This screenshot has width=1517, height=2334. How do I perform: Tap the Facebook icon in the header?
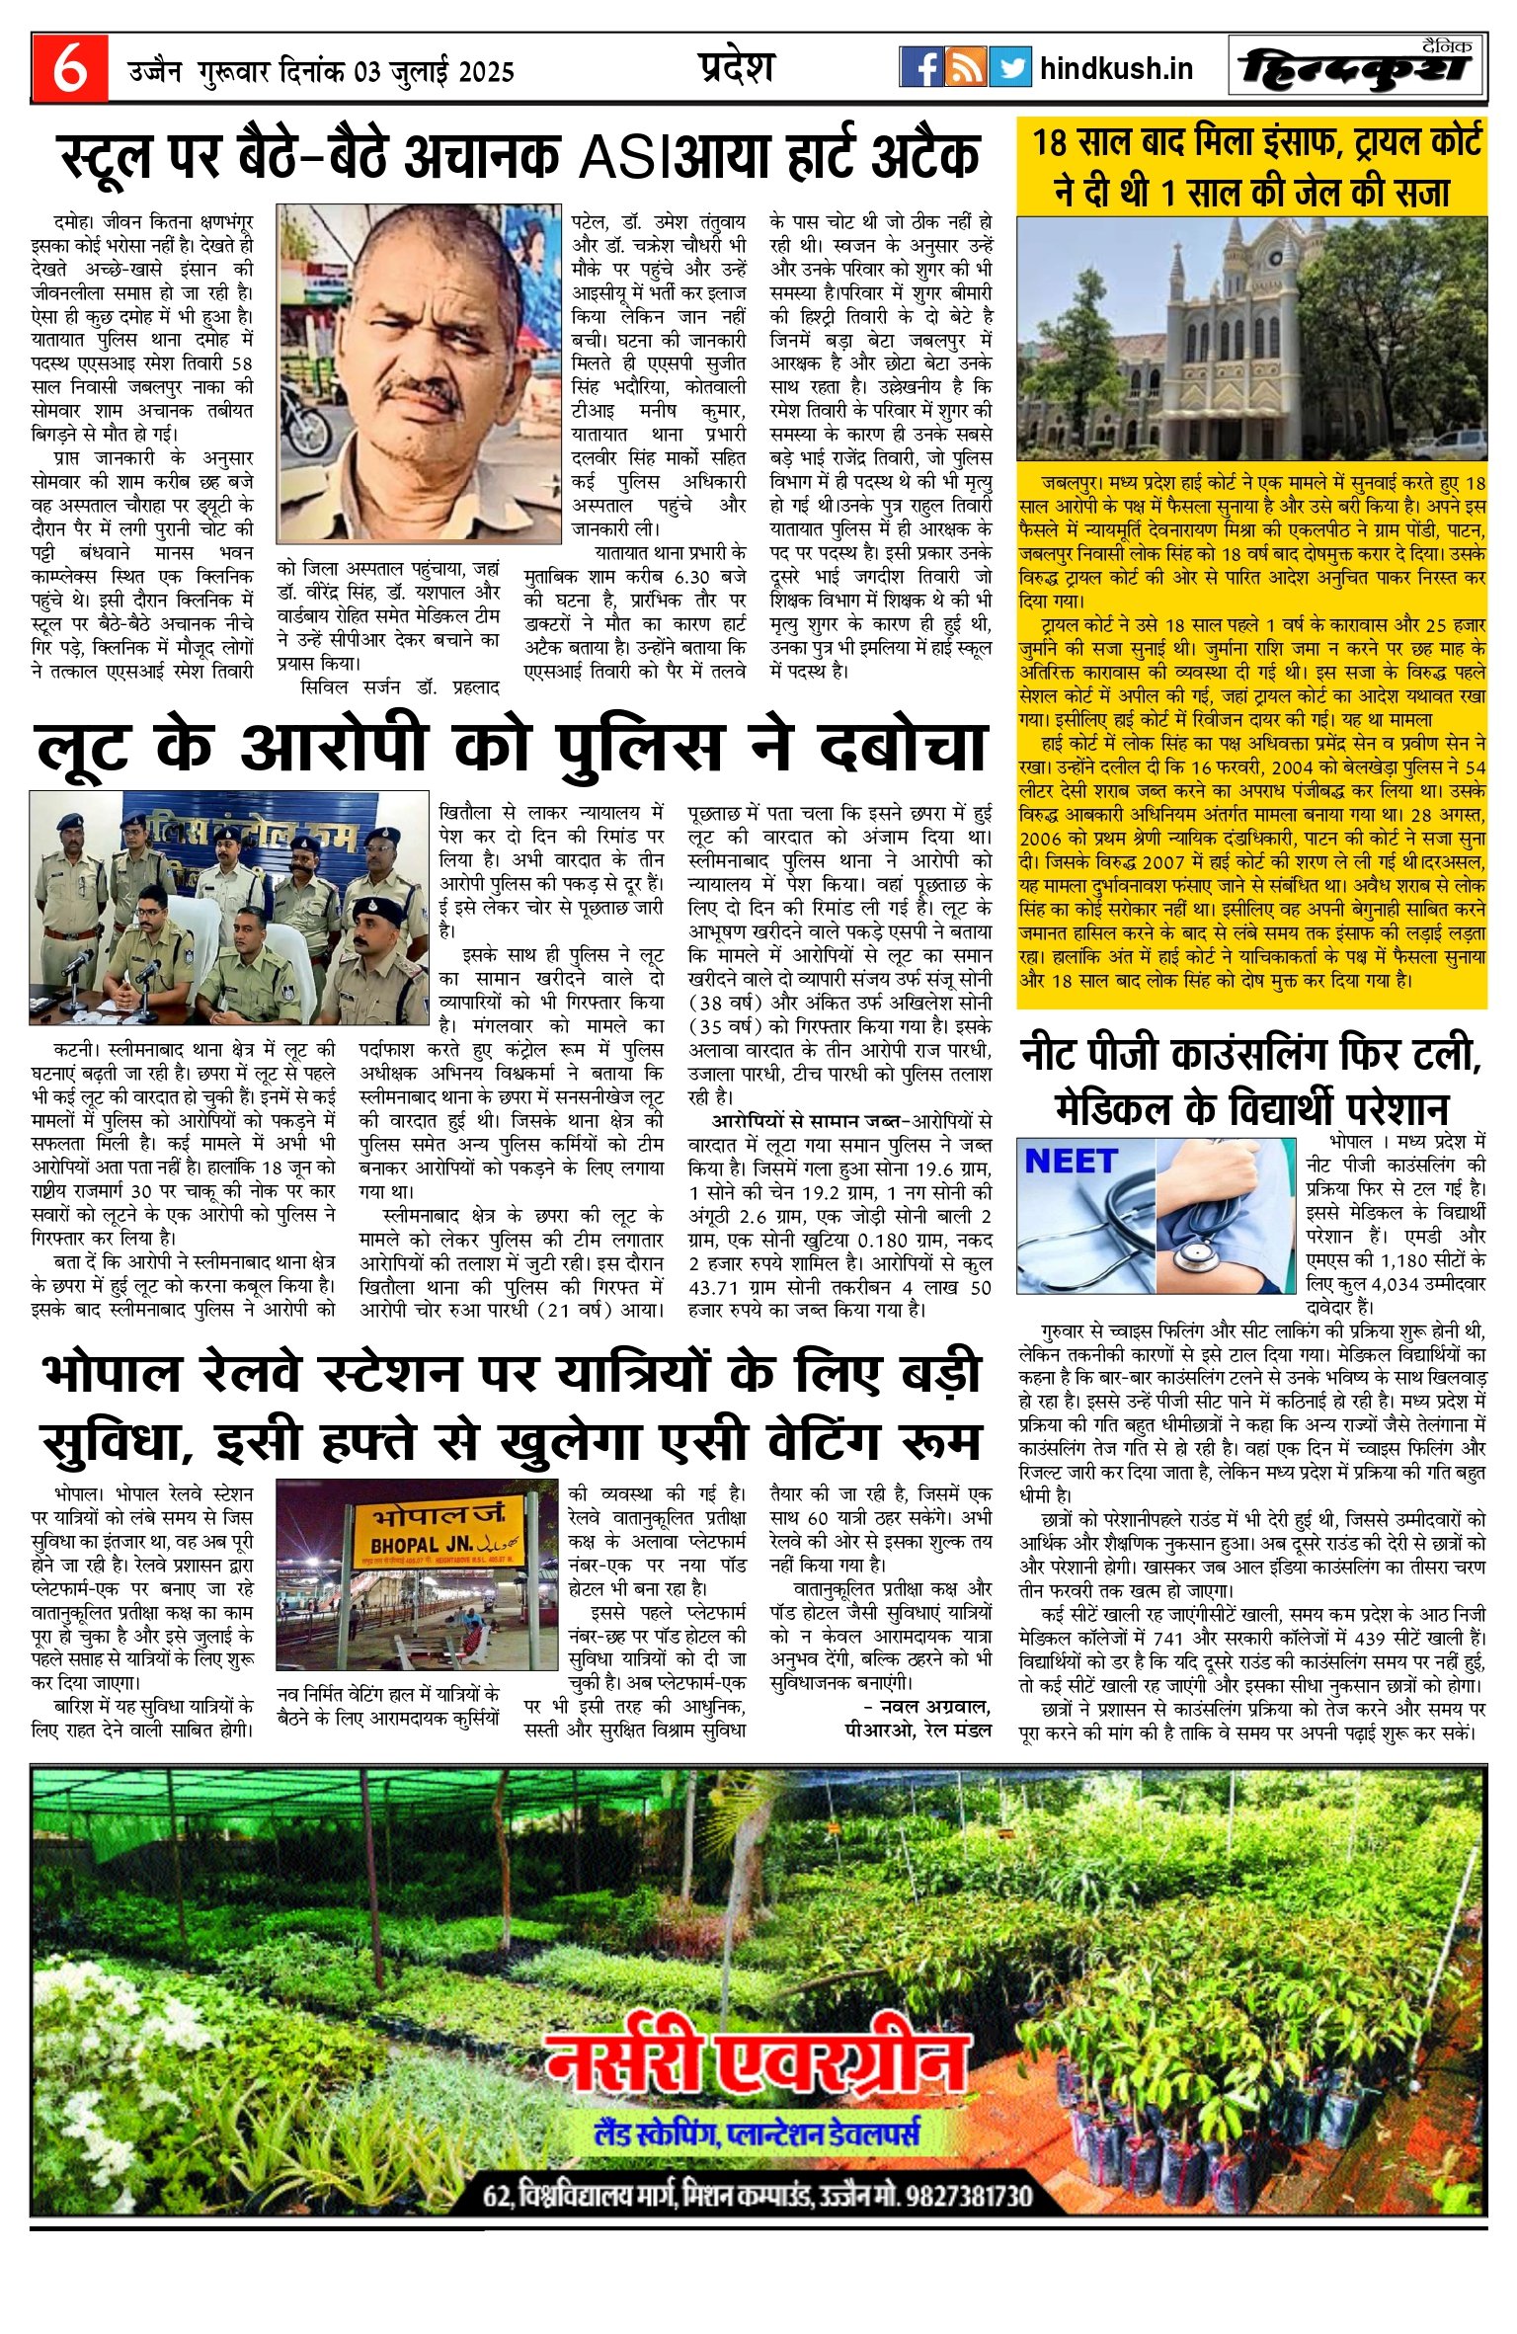coord(920,67)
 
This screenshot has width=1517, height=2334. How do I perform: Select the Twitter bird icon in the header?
coord(1009,67)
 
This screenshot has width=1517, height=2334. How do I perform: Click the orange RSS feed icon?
coord(965,67)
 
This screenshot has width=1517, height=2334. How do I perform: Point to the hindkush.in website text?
coord(1116,68)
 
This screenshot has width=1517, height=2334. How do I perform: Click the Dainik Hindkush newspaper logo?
coord(1356,67)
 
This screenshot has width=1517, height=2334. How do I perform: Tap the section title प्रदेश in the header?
coord(736,67)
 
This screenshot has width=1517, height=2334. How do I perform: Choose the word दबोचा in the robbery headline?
coord(903,748)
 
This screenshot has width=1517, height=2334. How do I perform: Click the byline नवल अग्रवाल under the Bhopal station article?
coord(933,1707)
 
